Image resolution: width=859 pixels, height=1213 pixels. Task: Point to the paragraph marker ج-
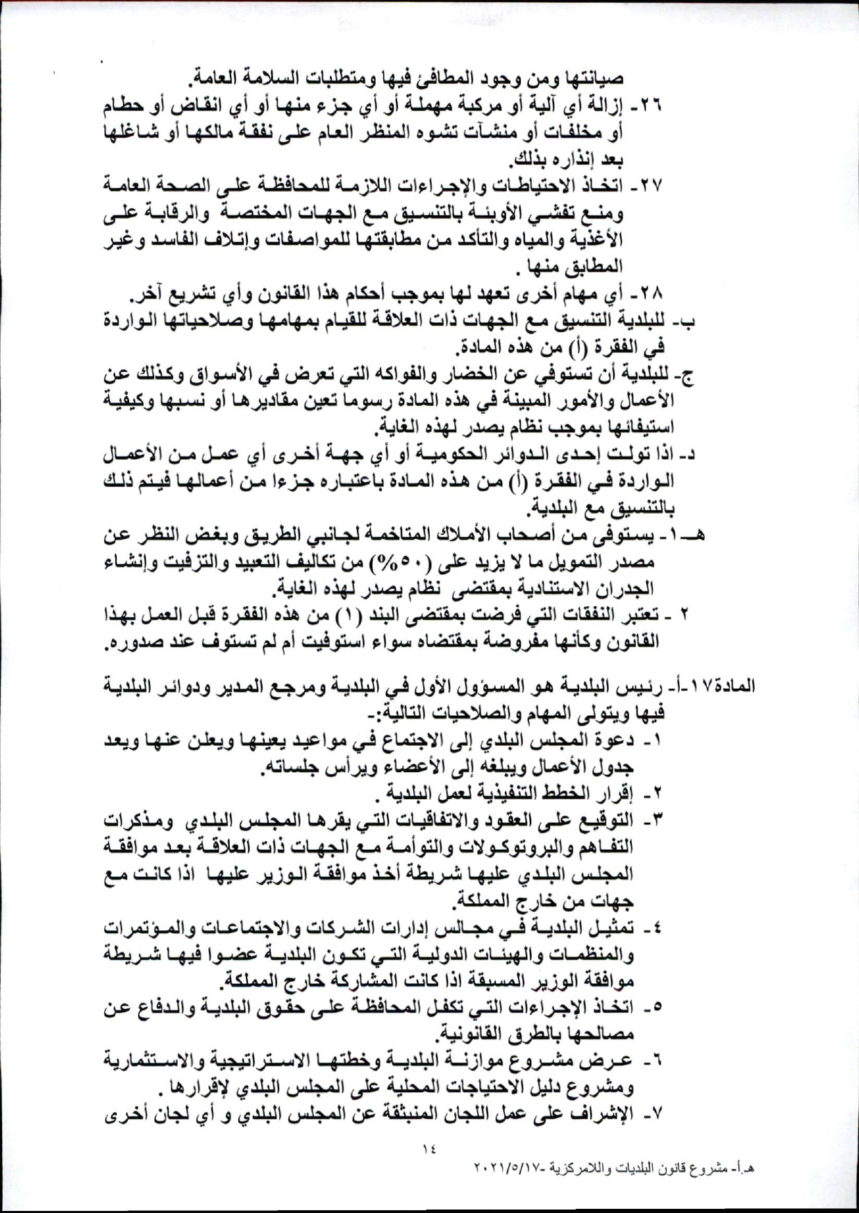pos(686,374)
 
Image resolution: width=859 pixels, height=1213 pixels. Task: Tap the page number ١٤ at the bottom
pos(428,1150)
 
